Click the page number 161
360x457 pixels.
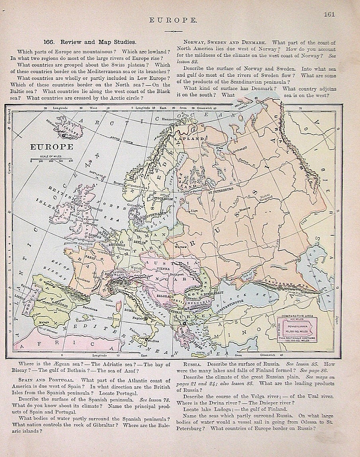pyautogui.click(x=329, y=14)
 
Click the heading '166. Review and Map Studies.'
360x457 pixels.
pyautogui.click(x=90, y=41)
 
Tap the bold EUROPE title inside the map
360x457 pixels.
pyautogui.click(x=52, y=146)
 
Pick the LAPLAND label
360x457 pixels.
pyautogui.click(x=189, y=139)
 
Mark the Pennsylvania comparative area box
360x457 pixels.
pyautogui.click(x=299, y=327)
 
